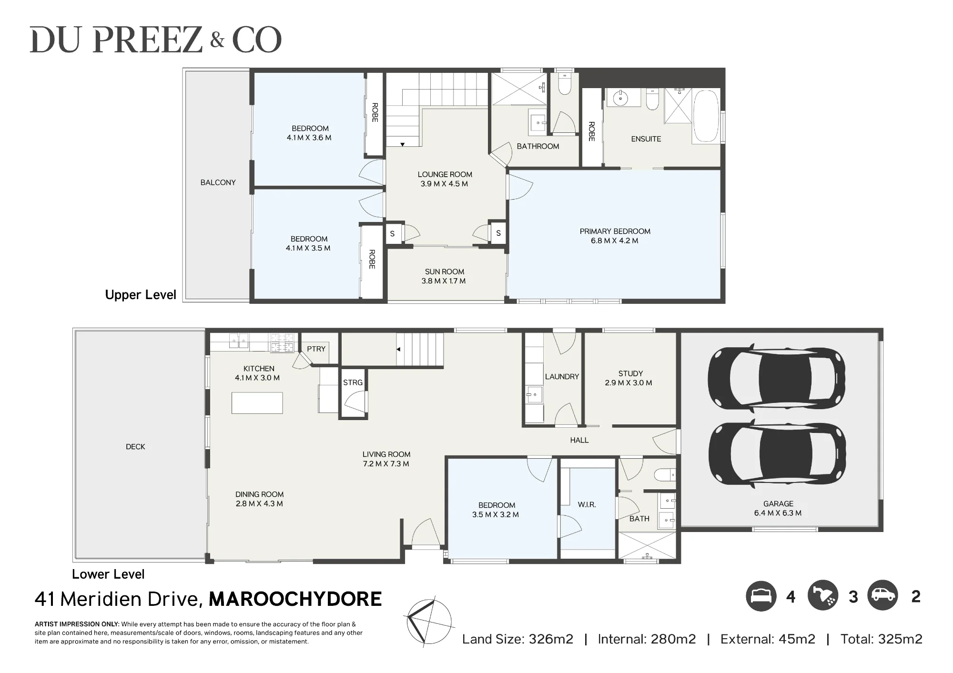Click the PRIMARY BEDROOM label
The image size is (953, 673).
(x=615, y=231)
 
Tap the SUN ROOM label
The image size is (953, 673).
(x=444, y=272)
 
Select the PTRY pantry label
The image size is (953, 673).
(x=316, y=349)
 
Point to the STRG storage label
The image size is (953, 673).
(x=353, y=382)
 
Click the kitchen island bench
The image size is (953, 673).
(x=257, y=403)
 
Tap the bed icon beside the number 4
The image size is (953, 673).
(x=761, y=596)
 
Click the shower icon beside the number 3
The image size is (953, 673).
(x=823, y=596)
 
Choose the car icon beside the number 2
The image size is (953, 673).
(x=883, y=595)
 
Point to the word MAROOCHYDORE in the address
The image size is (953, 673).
(x=295, y=599)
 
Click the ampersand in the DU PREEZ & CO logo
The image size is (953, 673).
(x=217, y=40)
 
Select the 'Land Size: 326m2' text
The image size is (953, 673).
(x=517, y=639)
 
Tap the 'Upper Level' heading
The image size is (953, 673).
(x=141, y=295)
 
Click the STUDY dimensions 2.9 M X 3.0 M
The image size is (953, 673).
(x=629, y=383)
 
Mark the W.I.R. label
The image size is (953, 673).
(x=587, y=505)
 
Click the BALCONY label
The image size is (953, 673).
(x=218, y=182)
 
